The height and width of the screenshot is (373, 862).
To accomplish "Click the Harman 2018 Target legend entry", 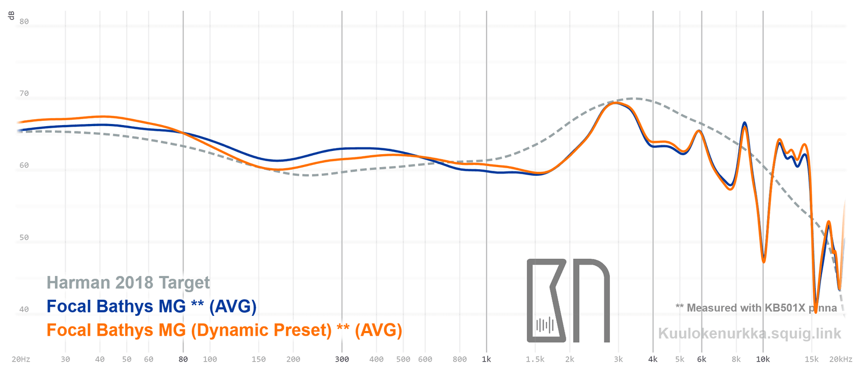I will click(128, 283).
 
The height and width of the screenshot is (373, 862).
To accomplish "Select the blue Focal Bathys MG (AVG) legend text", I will click(151, 307).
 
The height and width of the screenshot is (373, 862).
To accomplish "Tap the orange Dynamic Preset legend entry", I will click(224, 330).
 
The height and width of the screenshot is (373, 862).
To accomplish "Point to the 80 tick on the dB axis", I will click(24, 22).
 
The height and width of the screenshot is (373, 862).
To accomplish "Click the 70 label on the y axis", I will click(24, 94).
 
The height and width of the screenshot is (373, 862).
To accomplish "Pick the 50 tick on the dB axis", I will click(24, 238).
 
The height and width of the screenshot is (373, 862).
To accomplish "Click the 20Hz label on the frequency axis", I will click(21, 360).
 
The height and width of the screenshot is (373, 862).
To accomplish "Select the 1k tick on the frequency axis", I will click(486, 360).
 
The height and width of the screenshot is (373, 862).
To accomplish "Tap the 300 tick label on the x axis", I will click(342, 360).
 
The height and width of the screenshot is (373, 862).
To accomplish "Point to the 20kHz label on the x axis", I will click(840, 360).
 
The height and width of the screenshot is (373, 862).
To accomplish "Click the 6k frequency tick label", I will click(701, 360).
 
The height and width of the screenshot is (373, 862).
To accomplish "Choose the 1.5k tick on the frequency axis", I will click(535, 360).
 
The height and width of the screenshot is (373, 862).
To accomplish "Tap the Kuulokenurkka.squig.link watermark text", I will click(749, 334).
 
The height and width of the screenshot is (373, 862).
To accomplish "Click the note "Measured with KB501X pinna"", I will click(756, 308).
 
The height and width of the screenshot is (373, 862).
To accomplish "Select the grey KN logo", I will click(568, 301).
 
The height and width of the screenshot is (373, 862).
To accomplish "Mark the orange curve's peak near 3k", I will click(615, 102).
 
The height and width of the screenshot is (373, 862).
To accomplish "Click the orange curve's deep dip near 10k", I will click(763, 262).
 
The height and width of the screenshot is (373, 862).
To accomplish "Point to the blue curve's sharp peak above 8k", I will click(745, 123).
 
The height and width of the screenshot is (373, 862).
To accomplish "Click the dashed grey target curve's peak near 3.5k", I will click(636, 99).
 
